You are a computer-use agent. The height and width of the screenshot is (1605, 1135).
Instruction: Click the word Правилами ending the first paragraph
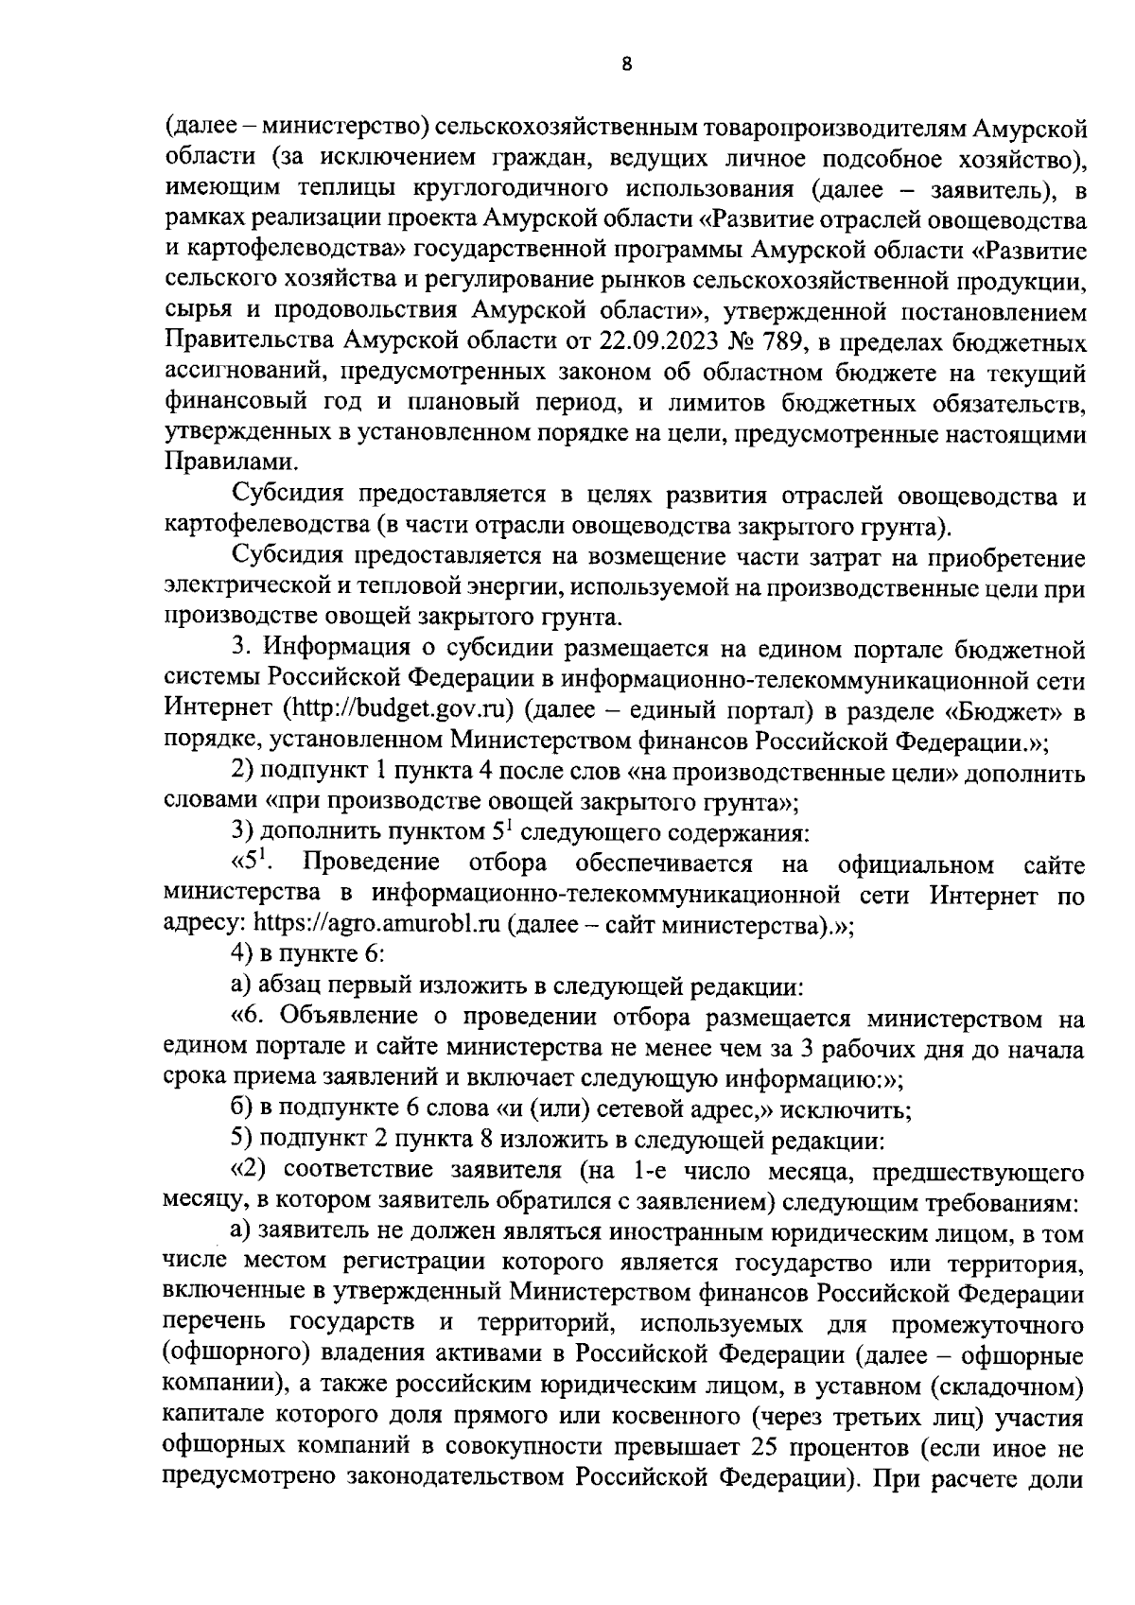(x=220, y=462)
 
